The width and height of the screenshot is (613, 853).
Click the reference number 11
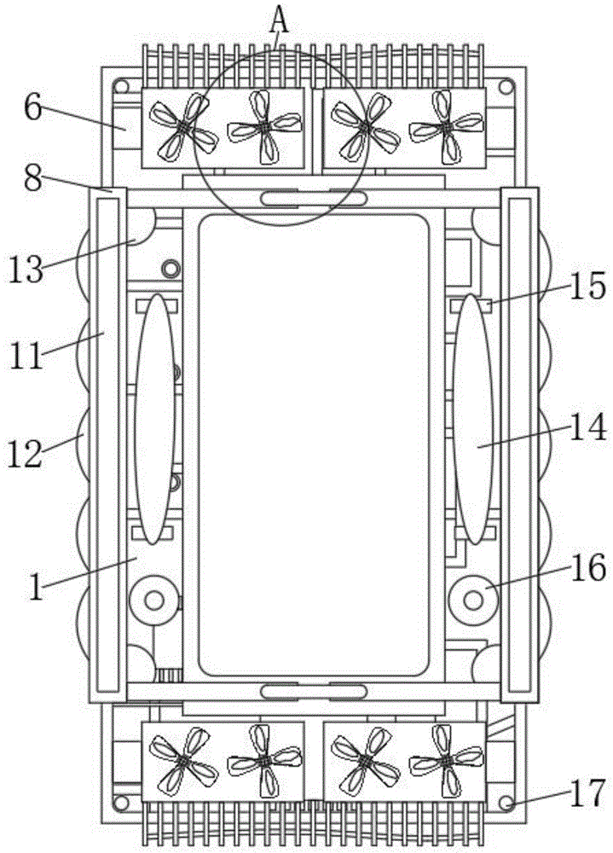tap(26, 354)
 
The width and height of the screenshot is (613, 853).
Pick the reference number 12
tap(26, 453)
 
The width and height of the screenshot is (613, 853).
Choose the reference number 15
tap(587, 286)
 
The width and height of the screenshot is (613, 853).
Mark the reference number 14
tap(588, 427)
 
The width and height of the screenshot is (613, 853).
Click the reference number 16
tap(588, 567)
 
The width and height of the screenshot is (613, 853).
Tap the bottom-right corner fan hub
tap(444, 756)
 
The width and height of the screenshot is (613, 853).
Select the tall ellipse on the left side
tap(155, 420)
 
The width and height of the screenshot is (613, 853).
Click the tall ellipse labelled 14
tap(473, 420)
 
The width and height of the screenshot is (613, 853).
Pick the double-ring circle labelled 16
tap(473, 601)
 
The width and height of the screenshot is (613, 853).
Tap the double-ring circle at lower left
tap(153, 601)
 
